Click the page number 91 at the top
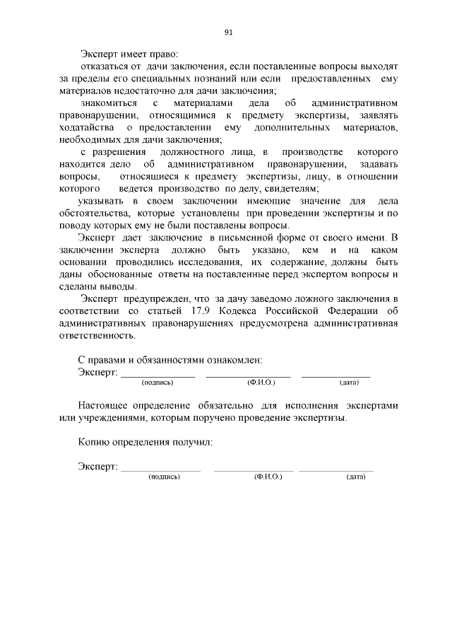tap(228, 33)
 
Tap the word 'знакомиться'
tap(105, 103)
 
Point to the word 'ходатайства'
tap(88, 127)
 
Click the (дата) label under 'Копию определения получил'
tap(355, 477)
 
